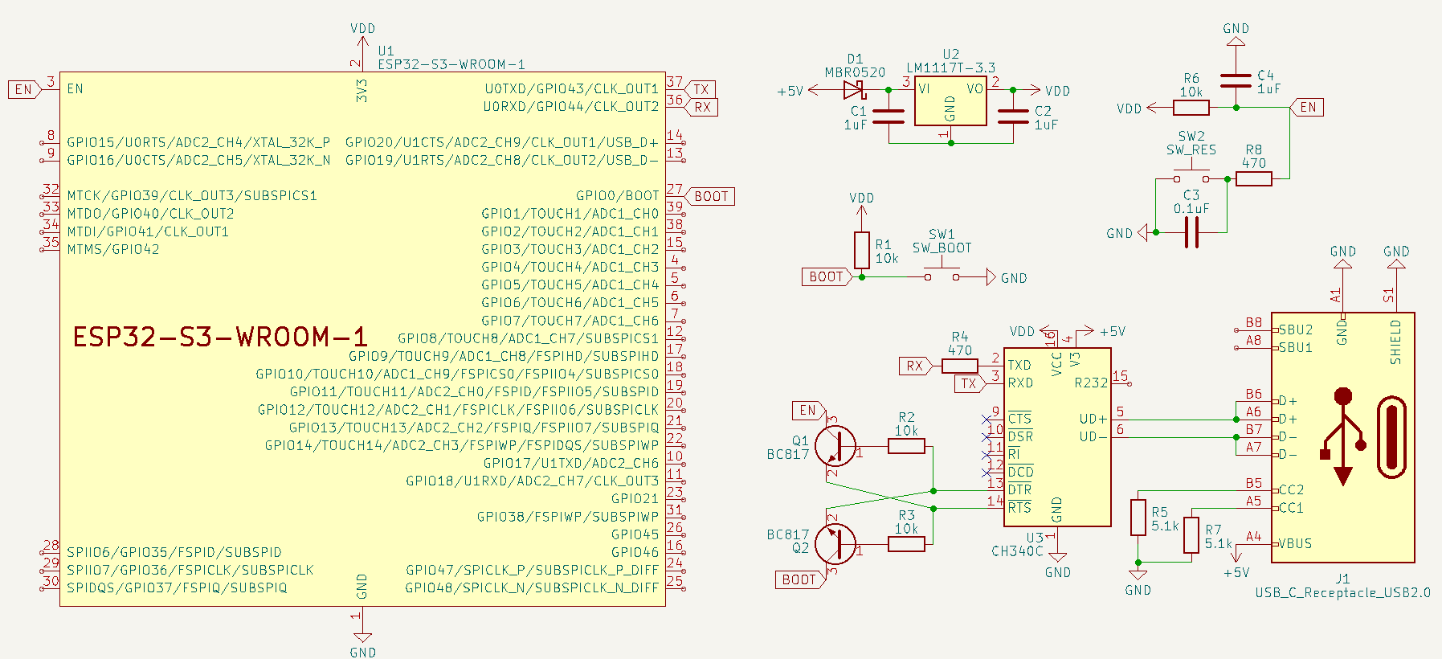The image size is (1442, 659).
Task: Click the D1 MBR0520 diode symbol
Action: coord(854,90)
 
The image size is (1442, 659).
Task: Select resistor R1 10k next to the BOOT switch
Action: coord(862,250)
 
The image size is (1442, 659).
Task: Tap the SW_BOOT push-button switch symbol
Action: coord(942,274)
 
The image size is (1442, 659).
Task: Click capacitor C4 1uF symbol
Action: coord(1236,80)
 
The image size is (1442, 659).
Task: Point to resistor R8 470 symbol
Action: coord(1253,179)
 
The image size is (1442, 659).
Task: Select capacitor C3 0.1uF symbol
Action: coord(1191,232)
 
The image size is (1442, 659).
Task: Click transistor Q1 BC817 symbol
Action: coord(835,445)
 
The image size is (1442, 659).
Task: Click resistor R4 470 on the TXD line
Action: coord(959,366)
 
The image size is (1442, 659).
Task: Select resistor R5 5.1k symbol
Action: coord(1138,517)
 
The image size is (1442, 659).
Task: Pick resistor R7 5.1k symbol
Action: coord(1191,535)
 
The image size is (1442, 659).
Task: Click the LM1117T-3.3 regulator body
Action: coord(950,101)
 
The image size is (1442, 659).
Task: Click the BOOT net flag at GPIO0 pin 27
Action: coord(711,196)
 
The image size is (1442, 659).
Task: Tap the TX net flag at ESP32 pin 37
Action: coord(702,89)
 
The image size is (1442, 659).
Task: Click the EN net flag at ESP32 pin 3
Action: coord(24,89)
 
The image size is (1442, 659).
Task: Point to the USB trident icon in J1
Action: coord(1342,436)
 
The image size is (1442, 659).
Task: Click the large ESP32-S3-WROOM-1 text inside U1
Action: coord(220,337)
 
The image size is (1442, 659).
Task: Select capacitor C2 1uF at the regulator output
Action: coord(1013,117)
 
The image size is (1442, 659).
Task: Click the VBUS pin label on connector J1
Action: coord(1295,543)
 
